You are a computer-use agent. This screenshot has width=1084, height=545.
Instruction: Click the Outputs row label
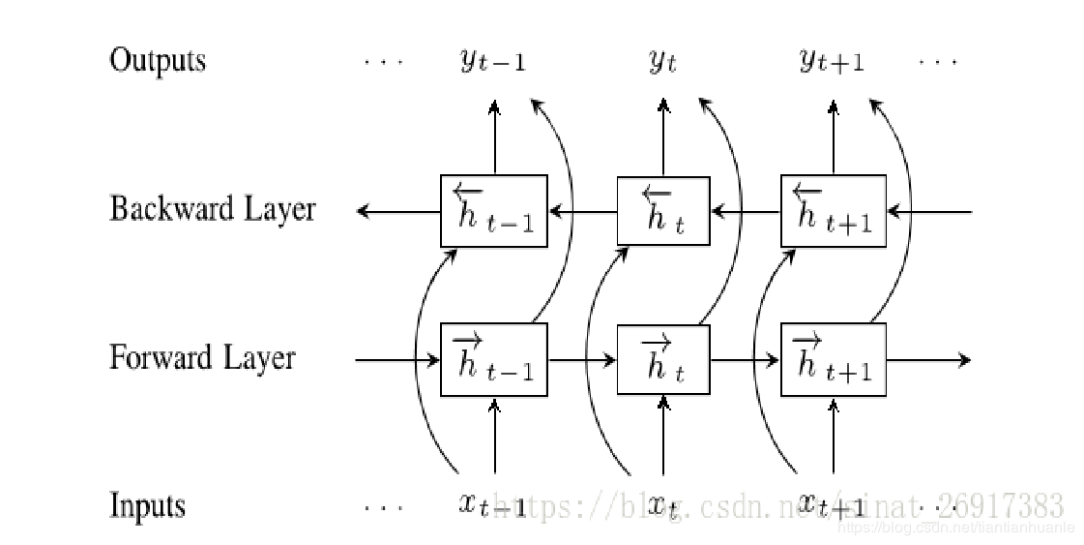158,60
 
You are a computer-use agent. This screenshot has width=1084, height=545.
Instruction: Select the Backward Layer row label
212,209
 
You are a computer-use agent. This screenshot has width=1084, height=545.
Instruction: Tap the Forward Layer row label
202,358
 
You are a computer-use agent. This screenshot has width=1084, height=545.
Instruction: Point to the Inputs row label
147,505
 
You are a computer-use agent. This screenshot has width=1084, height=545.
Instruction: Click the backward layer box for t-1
494,210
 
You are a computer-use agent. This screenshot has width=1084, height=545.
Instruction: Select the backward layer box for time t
662,210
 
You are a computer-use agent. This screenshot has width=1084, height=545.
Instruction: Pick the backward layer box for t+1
833,210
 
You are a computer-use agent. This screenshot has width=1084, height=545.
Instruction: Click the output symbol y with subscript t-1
493,62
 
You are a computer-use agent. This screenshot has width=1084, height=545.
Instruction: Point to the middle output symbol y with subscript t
662,62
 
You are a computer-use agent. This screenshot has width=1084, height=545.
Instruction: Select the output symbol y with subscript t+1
832,62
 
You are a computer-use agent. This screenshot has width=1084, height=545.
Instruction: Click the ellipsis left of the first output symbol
383,62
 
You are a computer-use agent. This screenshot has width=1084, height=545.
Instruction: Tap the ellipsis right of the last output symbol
937,62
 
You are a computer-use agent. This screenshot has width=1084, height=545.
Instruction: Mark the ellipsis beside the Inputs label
383,506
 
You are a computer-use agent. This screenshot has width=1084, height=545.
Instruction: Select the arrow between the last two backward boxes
746,210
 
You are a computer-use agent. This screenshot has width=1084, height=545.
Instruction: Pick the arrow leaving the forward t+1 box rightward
927,360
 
